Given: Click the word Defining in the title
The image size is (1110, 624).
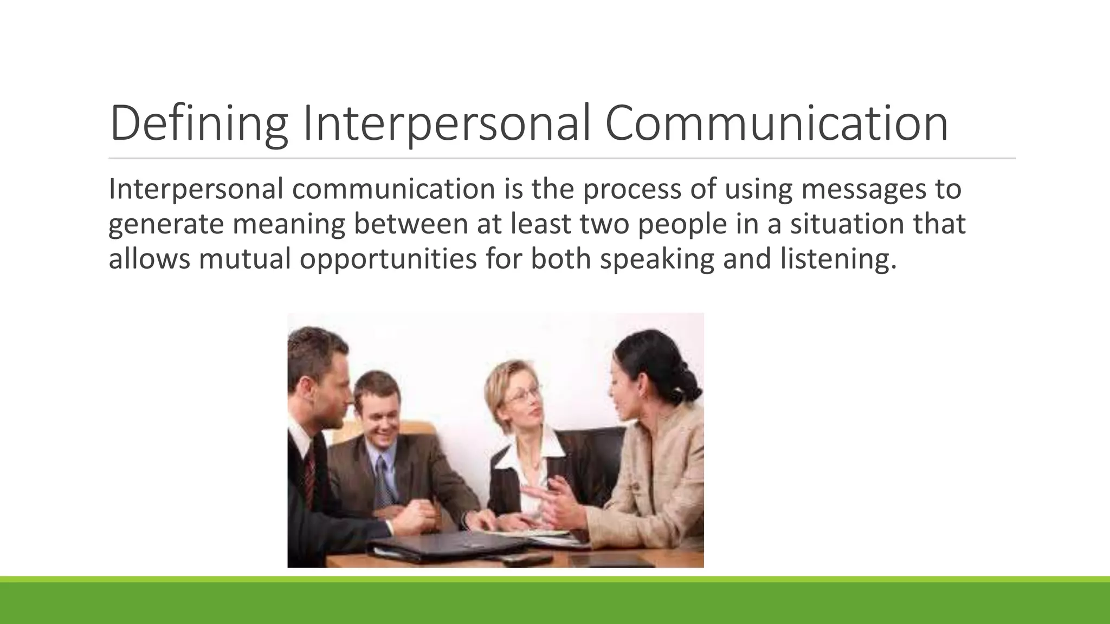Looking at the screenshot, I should (198, 124).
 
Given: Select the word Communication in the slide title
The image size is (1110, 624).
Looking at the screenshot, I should (776, 124).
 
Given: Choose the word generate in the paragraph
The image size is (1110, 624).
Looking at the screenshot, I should (166, 224).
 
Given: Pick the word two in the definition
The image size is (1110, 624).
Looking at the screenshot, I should (604, 224).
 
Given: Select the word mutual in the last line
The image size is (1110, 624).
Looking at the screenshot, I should (245, 258).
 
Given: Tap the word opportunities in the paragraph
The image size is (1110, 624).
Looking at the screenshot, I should (388, 258).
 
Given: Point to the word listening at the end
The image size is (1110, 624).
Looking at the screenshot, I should (835, 258).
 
